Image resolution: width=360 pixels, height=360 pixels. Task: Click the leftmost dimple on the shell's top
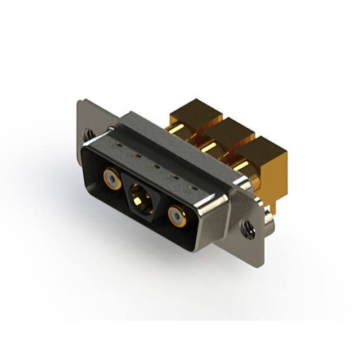(x=119, y=147)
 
